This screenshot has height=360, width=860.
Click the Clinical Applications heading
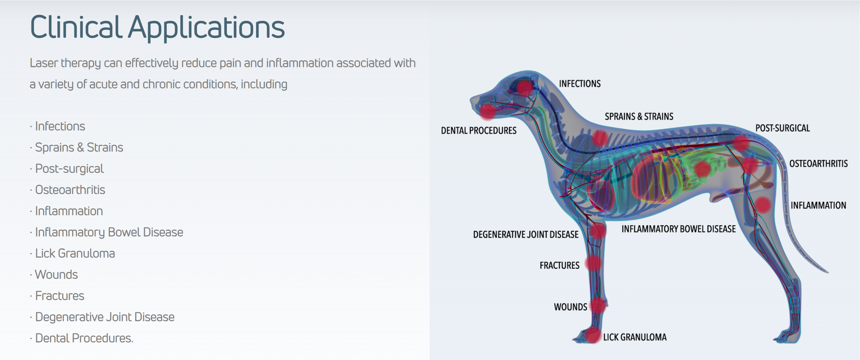click(157, 28)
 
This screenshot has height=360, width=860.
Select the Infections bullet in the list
click(60, 126)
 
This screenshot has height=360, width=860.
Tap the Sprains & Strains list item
click(79, 148)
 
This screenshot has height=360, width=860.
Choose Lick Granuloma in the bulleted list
click(75, 253)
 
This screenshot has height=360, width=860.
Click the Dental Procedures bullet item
click(84, 338)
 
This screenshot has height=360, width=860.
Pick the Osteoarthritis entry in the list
click(70, 190)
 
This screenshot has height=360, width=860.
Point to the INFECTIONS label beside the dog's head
click(580, 84)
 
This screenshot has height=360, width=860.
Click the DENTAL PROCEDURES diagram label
click(479, 131)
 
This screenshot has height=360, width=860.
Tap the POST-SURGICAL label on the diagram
click(783, 128)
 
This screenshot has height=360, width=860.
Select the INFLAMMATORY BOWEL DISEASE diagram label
click(678, 229)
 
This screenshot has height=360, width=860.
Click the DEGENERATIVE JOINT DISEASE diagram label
click(526, 235)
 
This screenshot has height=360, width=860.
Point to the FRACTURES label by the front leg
click(559, 266)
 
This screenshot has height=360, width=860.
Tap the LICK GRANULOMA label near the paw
click(635, 337)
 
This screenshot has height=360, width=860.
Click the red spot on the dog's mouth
click(487, 111)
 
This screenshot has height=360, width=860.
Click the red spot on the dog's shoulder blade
click(600, 138)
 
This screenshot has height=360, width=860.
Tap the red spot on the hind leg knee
click(763, 205)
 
